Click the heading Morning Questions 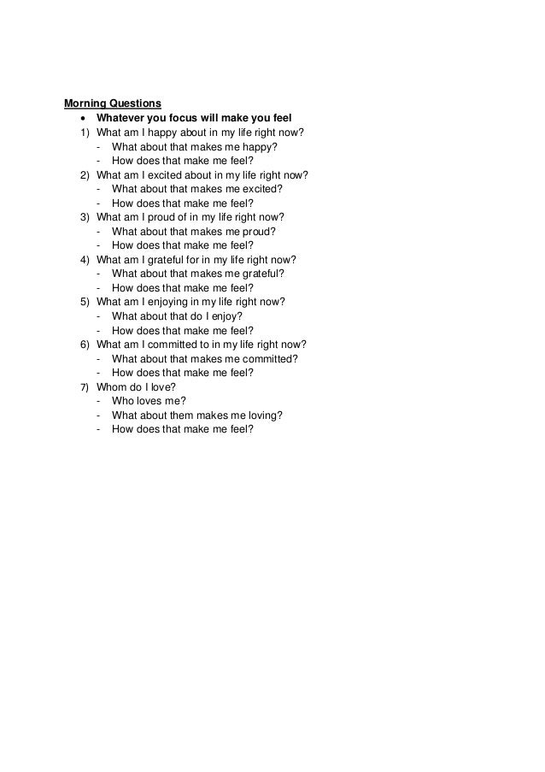113,104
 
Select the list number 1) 84,133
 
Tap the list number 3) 84,217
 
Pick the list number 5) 84,302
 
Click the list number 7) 84,387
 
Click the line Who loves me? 149,401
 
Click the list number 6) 84,345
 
